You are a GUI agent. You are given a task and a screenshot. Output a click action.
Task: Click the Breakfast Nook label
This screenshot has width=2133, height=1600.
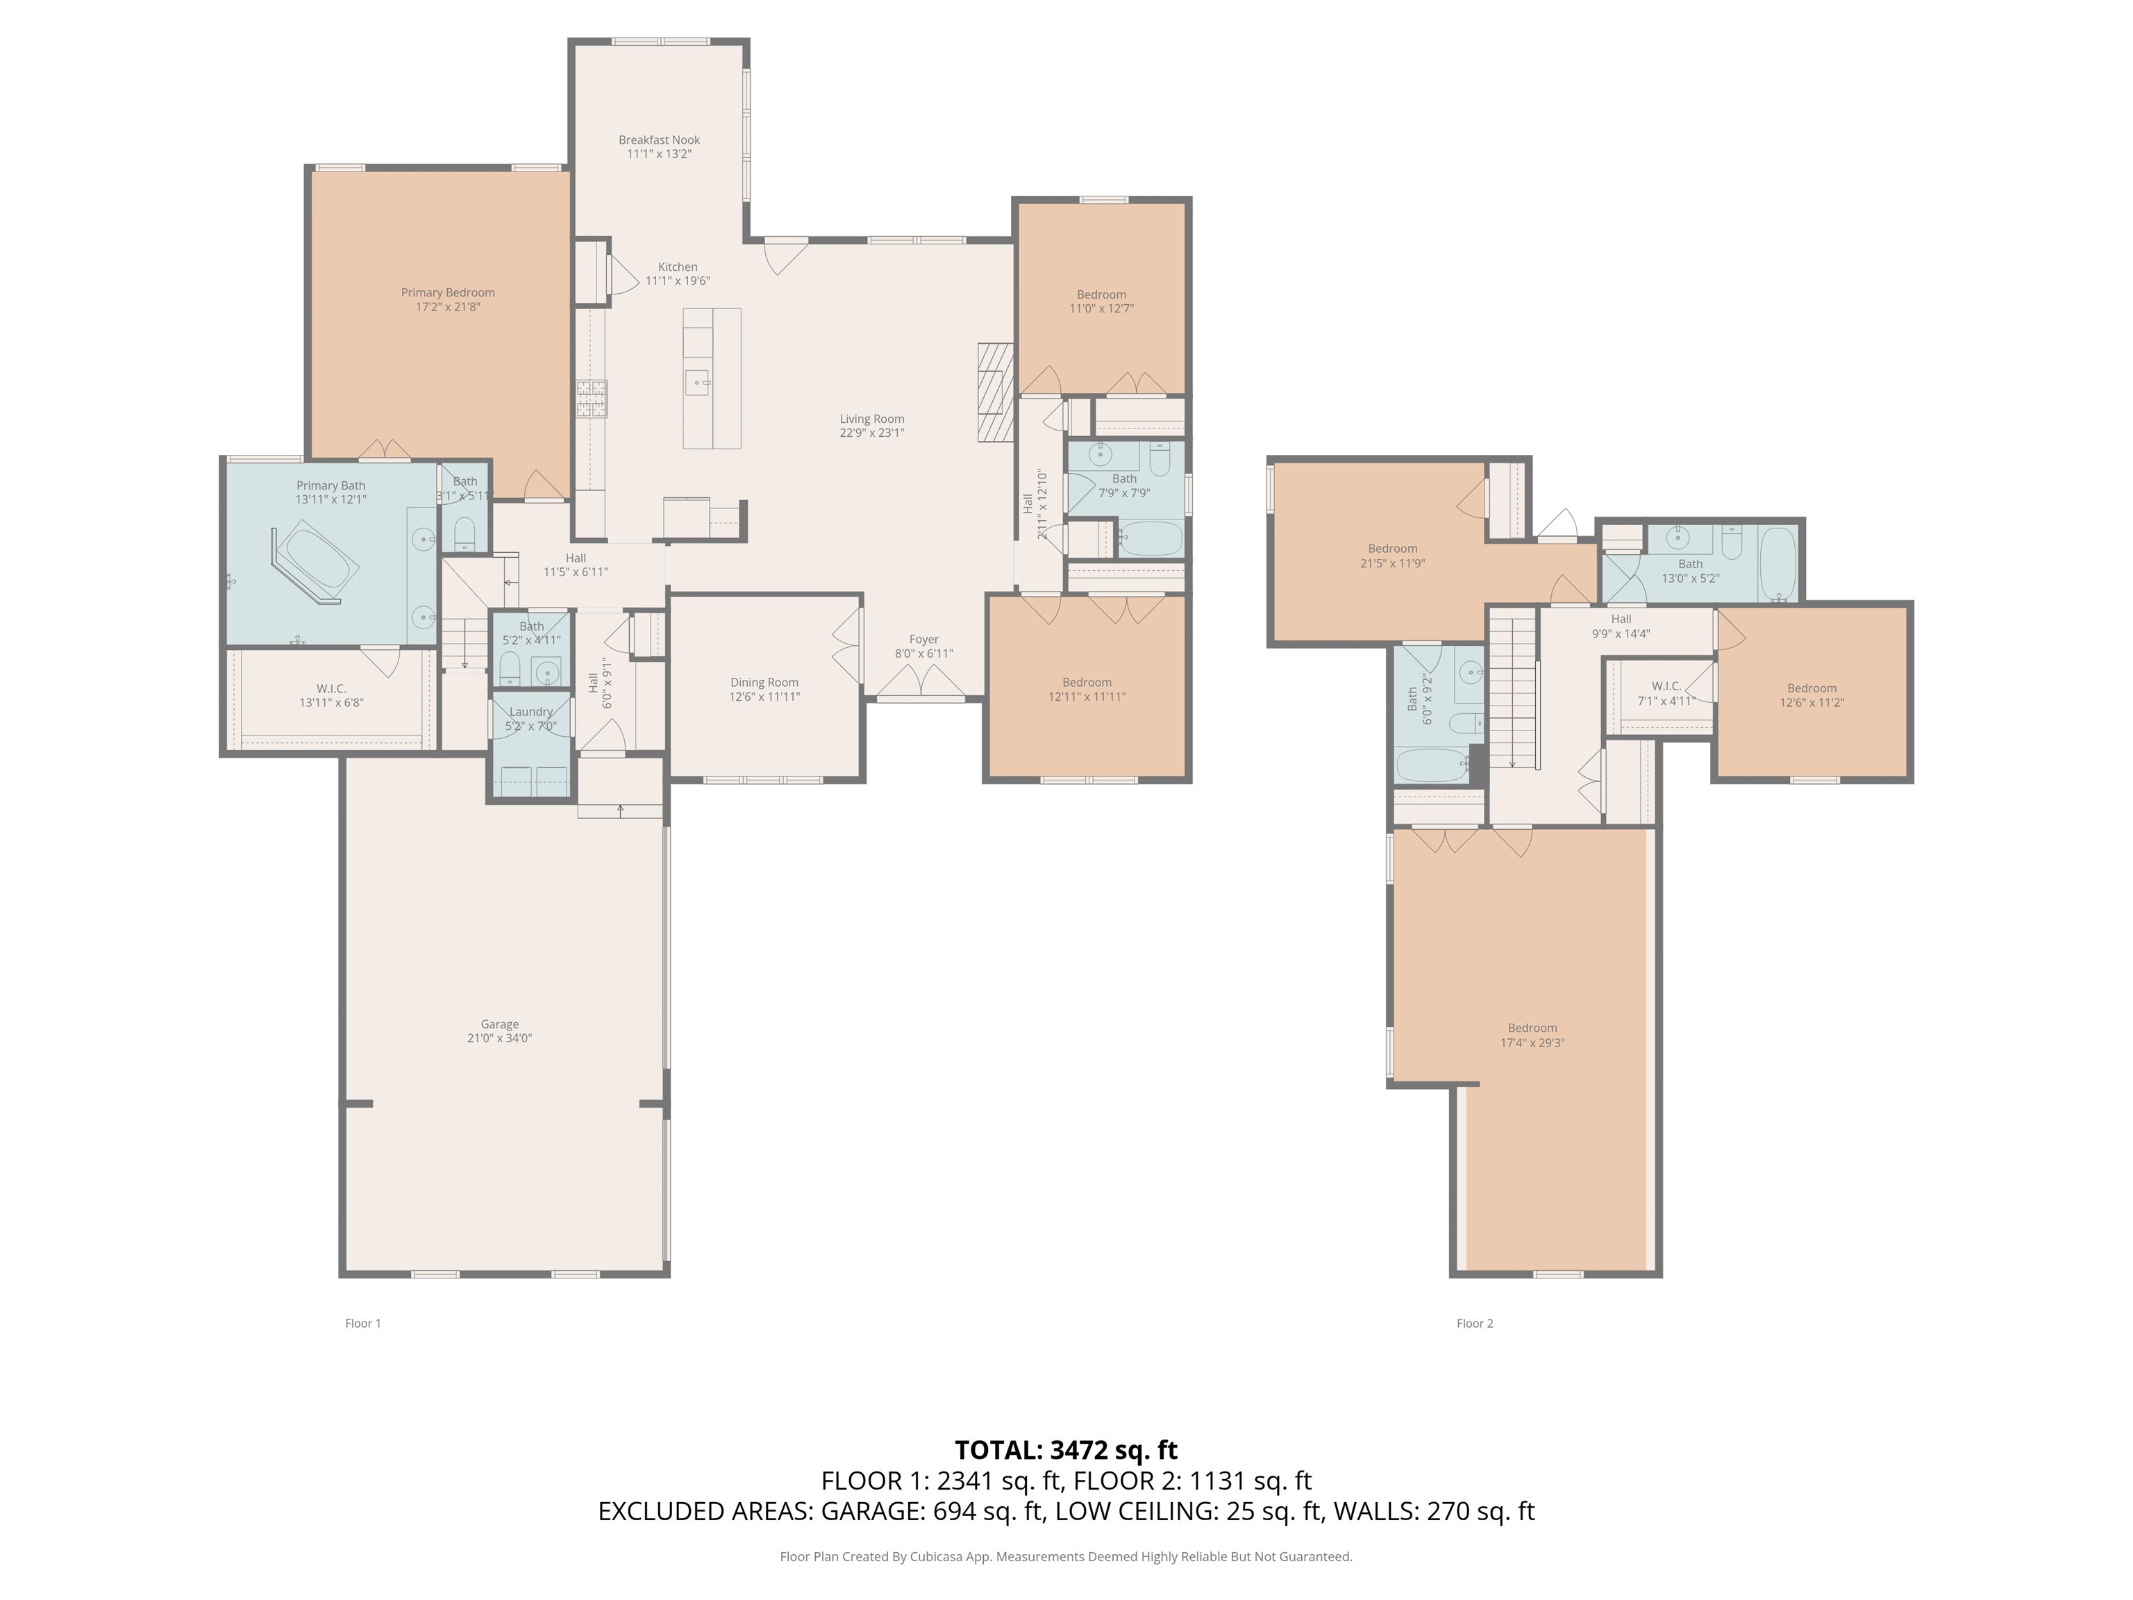click(x=659, y=140)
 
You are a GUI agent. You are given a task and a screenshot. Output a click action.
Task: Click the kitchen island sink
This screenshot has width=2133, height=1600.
click(x=696, y=382)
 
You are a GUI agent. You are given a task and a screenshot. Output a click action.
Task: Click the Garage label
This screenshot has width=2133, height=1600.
click(x=499, y=1024)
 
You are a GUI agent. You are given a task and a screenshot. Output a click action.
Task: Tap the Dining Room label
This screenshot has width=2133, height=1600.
click(x=764, y=683)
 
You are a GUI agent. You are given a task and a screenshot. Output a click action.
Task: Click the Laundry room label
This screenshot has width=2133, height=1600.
click(x=530, y=712)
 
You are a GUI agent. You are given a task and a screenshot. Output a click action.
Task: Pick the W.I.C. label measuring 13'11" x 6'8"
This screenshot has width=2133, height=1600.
click(x=331, y=689)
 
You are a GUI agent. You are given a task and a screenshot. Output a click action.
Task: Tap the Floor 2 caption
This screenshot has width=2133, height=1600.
click(x=1474, y=1323)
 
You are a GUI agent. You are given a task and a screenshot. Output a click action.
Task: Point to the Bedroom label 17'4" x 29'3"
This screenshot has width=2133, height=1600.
click(x=1532, y=1028)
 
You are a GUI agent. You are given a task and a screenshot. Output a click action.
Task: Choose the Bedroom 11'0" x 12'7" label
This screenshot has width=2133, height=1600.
click(x=1101, y=295)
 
